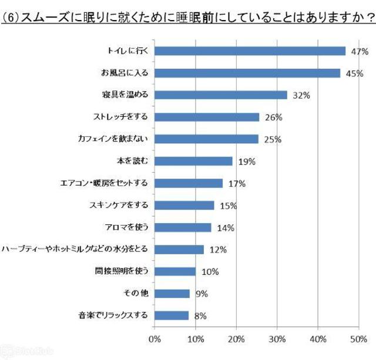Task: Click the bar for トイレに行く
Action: (x=250, y=51)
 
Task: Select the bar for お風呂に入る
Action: (x=247, y=73)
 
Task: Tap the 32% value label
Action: (x=301, y=95)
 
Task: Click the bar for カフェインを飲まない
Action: (x=207, y=139)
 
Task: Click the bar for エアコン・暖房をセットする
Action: (x=189, y=183)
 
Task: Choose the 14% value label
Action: (x=226, y=228)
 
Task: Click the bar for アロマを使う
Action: (x=183, y=227)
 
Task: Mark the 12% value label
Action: (x=217, y=250)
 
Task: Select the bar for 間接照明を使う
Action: (x=175, y=271)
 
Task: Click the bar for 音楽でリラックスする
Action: (x=172, y=315)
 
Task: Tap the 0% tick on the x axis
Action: (x=155, y=339)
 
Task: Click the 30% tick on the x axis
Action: (x=277, y=339)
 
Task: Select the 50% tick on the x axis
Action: (x=358, y=339)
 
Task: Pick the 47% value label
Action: (x=359, y=52)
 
